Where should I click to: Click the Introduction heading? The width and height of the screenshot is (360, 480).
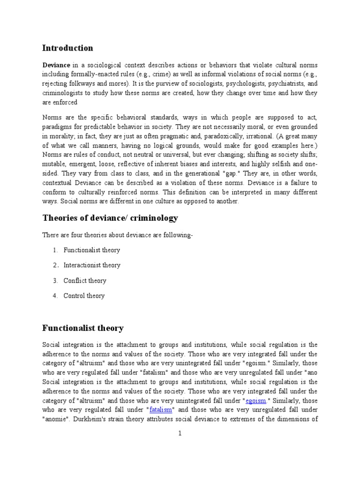(67, 48)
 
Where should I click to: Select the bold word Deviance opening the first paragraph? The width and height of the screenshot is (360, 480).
(56, 65)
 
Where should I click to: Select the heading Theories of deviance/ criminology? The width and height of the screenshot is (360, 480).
(110, 218)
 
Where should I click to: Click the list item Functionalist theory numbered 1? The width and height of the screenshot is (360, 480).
(92, 250)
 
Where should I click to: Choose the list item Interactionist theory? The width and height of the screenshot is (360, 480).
(92, 265)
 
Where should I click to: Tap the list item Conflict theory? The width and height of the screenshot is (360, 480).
(85, 281)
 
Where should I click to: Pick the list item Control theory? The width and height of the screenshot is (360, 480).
(84, 296)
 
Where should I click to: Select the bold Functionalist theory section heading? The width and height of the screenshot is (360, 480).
(82, 328)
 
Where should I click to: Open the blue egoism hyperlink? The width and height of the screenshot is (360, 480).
(256, 400)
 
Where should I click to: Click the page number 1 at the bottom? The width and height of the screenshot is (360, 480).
(180, 434)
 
